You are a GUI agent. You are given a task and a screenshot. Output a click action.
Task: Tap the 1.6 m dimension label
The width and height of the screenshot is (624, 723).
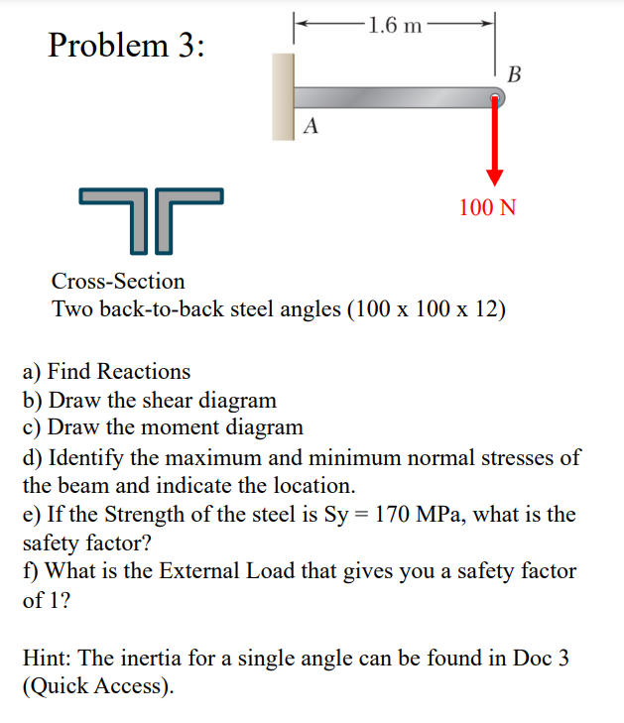tap(394, 25)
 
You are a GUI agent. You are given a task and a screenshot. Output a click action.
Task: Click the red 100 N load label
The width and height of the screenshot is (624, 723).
tap(487, 207)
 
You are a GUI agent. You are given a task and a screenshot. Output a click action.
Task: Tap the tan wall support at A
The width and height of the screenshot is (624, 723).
tap(286, 96)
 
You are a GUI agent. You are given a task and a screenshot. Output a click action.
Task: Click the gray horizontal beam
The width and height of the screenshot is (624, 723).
tap(397, 96)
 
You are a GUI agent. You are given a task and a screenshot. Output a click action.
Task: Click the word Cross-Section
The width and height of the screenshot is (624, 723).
tap(118, 282)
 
